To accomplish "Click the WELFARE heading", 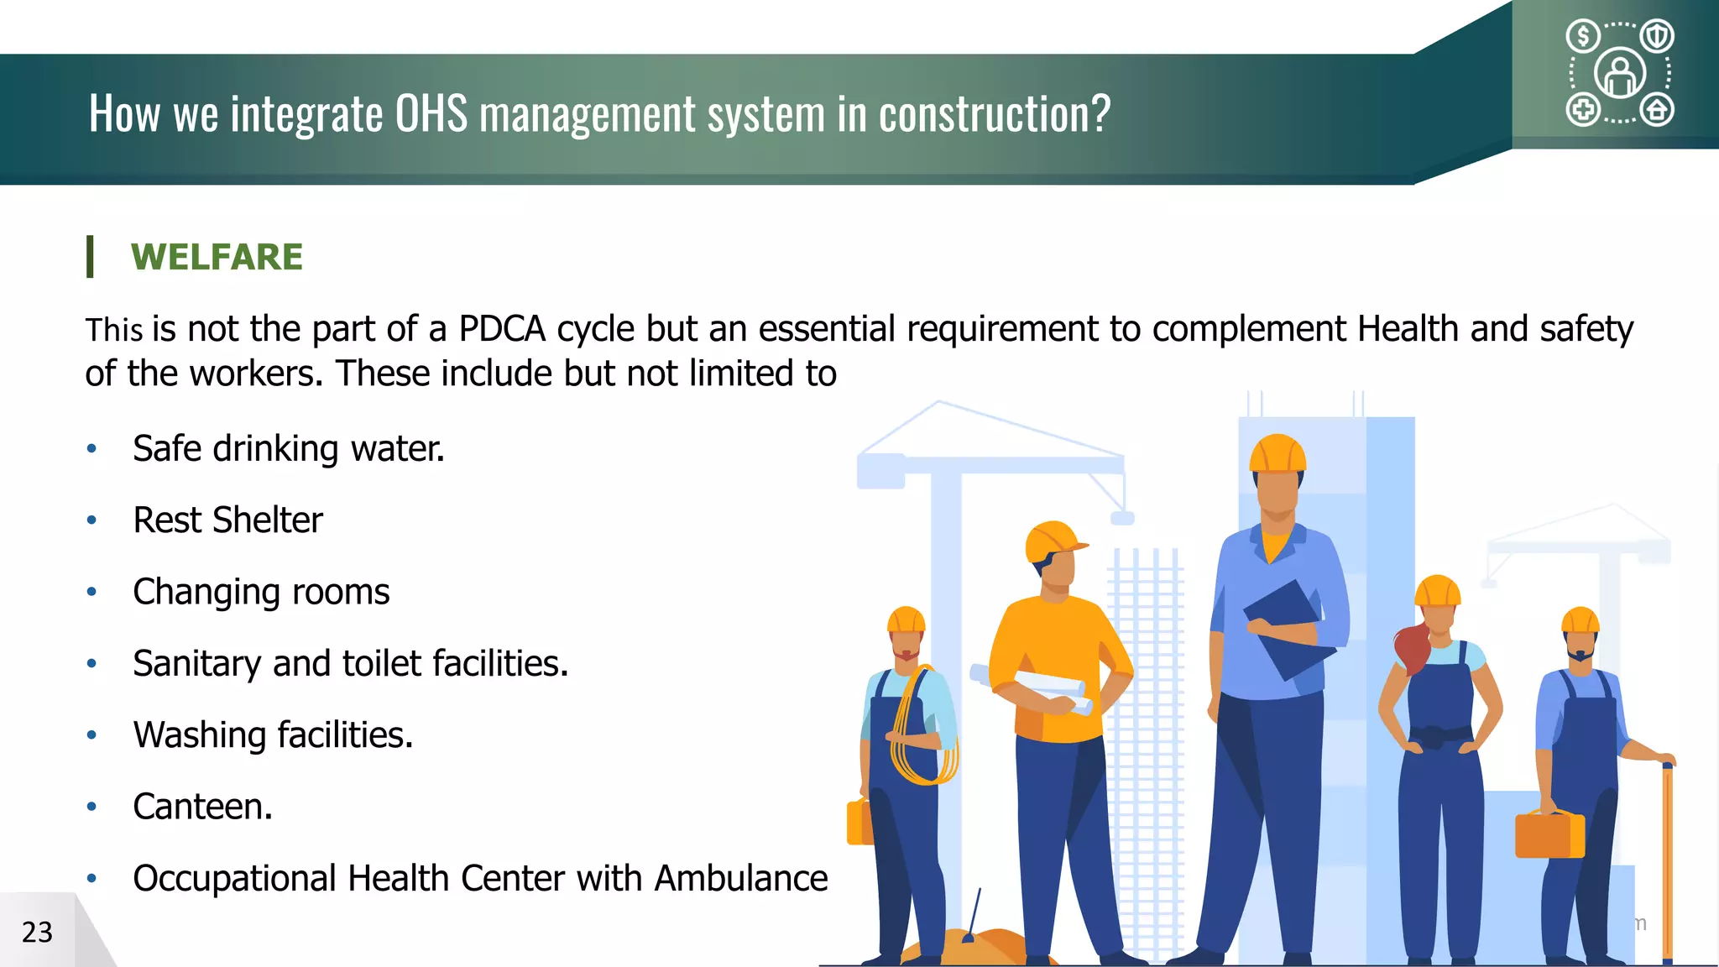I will (217, 257).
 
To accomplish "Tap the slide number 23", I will (37, 932).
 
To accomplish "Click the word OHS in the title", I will (431, 113).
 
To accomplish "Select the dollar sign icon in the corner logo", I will (1583, 36).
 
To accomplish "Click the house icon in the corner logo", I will (1657, 110).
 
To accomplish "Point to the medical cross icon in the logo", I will (1583, 110).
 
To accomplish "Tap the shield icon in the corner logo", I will (1657, 36).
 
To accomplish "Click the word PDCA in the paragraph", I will (502, 329).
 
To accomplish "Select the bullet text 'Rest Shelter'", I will (227, 520).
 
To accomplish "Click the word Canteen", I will (202, 807).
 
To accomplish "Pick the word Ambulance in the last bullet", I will (741, 879).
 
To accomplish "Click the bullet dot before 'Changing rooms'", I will (91, 592).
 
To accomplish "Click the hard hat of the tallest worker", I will (1277, 455).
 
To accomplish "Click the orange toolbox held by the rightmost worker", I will (1549, 834).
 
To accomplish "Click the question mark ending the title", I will (1100, 113).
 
